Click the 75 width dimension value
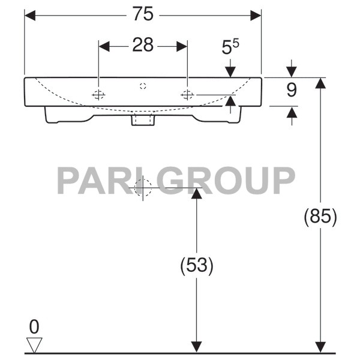tap(143, 14)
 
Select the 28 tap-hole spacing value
tap(143, 46)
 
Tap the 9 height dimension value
tap(292, 91)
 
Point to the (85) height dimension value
tap(320, 216)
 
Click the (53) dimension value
tap(196, 265)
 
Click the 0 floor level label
tap(34, 327)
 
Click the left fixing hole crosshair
tap(98, 94)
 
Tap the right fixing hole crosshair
tap(187, 94)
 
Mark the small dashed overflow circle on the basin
tap(143, 86)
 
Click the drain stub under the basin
tap(143, 120)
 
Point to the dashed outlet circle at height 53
tap(143, 188)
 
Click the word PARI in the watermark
tap(99, 179)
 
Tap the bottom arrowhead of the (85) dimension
tap(320, 347)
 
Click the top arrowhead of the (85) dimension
tap(320, 83)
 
